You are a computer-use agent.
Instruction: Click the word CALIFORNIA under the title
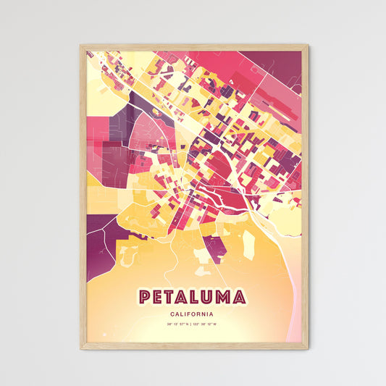(x=192, y=314)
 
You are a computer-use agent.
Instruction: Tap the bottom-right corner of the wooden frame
(x=306, y=348)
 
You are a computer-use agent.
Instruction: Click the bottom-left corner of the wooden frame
(x=81, y=348)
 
